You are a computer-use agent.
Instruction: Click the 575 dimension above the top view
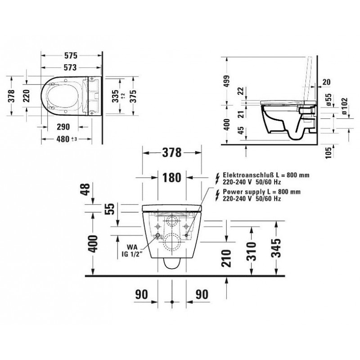[x=71, y=55]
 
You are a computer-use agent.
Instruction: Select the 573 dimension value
[x=70, y=67]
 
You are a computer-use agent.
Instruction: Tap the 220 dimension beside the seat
[x=27, y=96]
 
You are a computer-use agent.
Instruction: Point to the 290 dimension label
[x=63, y=127]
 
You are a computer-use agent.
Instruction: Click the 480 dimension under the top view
[x=63, y=139]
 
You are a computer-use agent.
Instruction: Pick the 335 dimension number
[x=116, y=96]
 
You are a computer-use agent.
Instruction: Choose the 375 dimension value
[x=133, y=96]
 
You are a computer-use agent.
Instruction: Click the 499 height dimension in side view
[x=227, y=81]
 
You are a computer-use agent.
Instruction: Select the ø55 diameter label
[x=329, y=100]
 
